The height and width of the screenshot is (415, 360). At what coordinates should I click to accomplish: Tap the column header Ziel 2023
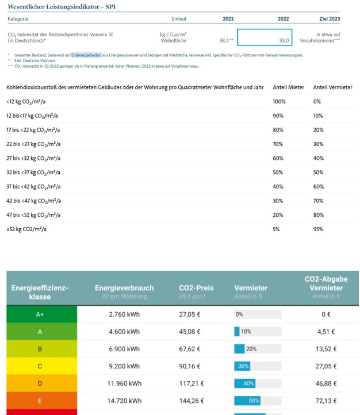(x=330, y=19)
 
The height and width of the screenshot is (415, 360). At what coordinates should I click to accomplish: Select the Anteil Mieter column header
(x=288, y=87)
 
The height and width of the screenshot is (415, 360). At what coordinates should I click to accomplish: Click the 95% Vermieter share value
(x=317, y=229)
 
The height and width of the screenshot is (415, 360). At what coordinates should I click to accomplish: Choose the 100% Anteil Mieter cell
(x=279, y=101)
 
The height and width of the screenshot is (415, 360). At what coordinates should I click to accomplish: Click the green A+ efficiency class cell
(x=40, y=314)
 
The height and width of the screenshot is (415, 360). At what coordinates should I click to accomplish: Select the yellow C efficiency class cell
(x=40, y=366)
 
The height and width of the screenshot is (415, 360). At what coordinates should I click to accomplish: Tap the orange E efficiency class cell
(x=40, y=401)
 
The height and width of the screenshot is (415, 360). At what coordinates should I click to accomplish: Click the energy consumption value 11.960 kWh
(x=124, y=383)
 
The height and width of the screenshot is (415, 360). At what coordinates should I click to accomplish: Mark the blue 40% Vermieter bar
(x=245, y=383)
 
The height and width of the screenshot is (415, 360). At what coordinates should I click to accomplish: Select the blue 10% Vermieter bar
(x=237, y=332)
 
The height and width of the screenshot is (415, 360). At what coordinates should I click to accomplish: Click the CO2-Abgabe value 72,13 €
(x=326, y=401)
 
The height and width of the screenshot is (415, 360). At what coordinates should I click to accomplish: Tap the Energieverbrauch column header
(x=124, y=288)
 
